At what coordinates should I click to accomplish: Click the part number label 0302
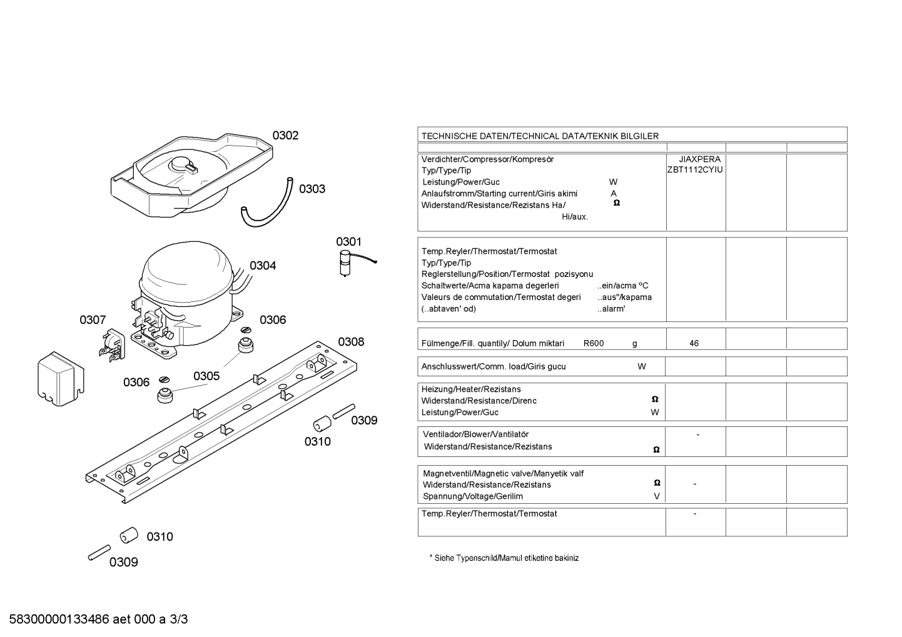(x=285, y=136)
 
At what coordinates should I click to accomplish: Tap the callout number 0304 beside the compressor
(x=263, y=266)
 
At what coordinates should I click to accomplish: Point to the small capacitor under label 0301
(x=345, y=264)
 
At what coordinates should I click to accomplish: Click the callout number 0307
(x=93, y=320)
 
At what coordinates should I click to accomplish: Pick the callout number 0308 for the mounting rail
(x=351, y=342)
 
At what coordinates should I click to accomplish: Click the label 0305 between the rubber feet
(x=206, y=376)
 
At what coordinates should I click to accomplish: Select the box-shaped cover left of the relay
(x=61, y=379)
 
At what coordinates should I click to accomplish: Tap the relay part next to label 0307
(x=112, y=344)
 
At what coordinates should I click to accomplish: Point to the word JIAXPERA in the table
(x=700, y=159)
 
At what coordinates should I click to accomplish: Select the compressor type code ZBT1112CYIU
(x=695, y=170)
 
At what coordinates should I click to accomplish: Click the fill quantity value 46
(x=694, y=344)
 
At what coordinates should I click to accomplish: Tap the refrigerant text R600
(x=594, y=344)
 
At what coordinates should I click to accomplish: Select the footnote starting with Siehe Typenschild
(x=504, y=558)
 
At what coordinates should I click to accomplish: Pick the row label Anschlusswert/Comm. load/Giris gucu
(x=494, y=366)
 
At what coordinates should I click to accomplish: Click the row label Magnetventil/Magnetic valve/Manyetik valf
(x=504, y=474)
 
